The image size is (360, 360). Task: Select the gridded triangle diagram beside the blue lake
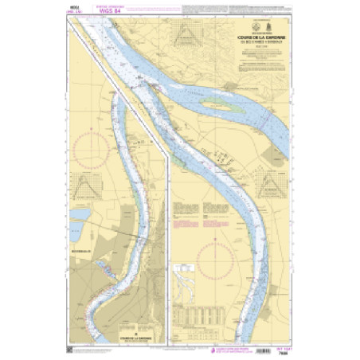click(83, 184)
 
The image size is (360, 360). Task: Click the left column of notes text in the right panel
click(184, 211)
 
